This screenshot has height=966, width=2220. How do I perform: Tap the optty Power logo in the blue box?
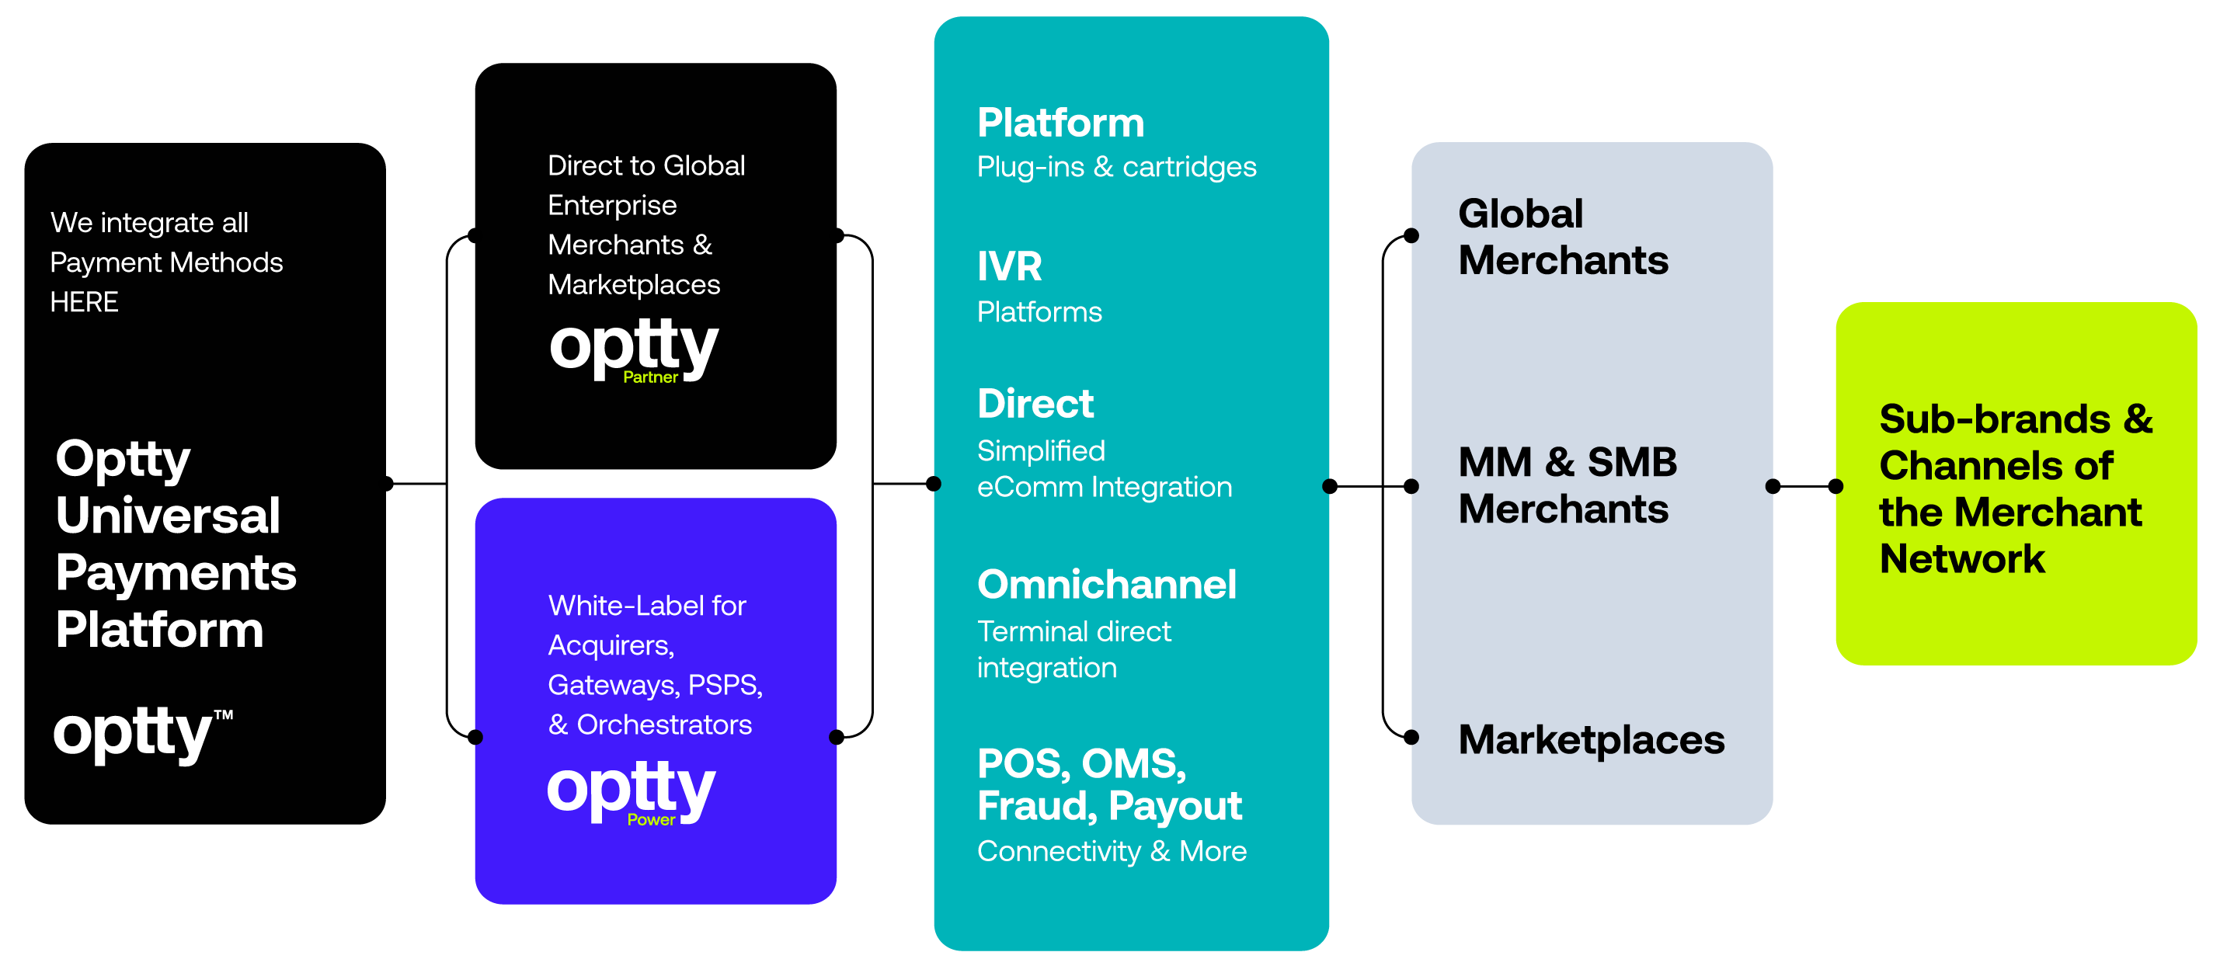click(631, 791)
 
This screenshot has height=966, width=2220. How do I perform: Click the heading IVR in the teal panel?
click(1009, 266)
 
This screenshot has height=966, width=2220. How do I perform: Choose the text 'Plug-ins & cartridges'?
click(1116, 167)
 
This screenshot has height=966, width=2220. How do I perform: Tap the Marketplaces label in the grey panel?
click(1591, 739)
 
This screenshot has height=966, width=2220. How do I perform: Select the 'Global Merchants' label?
click(1562, 237)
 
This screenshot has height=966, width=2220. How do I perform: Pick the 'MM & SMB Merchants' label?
click(1567, 485)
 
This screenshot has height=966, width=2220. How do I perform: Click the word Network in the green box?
click(1961, 559)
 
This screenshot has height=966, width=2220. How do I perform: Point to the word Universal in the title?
click(168, 516)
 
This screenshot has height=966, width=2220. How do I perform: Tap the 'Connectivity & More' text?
click(1112, 851)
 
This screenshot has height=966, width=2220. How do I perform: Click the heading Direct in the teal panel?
click(1035, 403)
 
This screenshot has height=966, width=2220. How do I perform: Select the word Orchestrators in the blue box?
click(663, 724)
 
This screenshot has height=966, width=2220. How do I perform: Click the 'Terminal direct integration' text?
click(1073, 650)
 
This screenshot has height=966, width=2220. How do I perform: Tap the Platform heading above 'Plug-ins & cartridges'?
click(1060, 123)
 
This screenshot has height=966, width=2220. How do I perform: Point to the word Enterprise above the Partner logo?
click(612, 206)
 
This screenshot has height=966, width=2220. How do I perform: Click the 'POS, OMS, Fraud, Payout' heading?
click(1109, 784)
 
